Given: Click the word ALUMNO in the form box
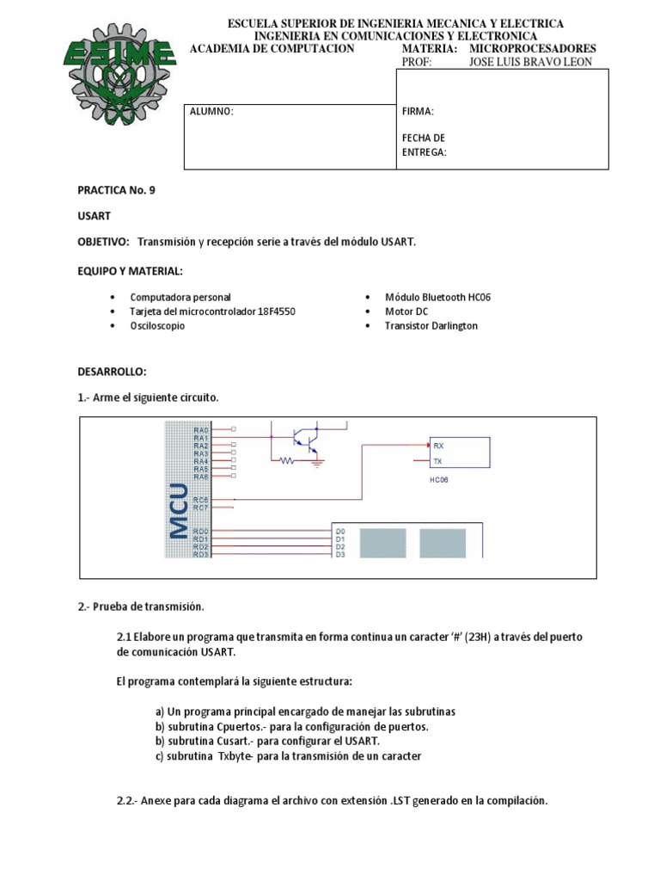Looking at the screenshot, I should pos(212,112).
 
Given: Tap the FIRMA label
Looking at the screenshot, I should pos(418,112).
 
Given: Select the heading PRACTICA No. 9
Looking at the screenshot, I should pos(117,190).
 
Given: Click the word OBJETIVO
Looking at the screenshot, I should pos(103,242).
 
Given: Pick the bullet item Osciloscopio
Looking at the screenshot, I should pos(156,326).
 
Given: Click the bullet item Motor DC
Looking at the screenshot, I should pos(406,311).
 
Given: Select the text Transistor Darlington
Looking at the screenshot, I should pos(431,326).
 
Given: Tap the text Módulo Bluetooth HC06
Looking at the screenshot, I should pos(437,297).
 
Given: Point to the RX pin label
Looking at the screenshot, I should pos(438,446).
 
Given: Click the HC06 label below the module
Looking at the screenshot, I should pos(438,480).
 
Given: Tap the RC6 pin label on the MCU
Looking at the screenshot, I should pos(200,499).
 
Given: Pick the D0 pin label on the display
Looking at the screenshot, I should pos(339,532).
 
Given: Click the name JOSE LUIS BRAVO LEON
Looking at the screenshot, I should pos(530,62).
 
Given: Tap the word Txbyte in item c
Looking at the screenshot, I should pos(236,756).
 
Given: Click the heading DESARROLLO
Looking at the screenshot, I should pos(113,371).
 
